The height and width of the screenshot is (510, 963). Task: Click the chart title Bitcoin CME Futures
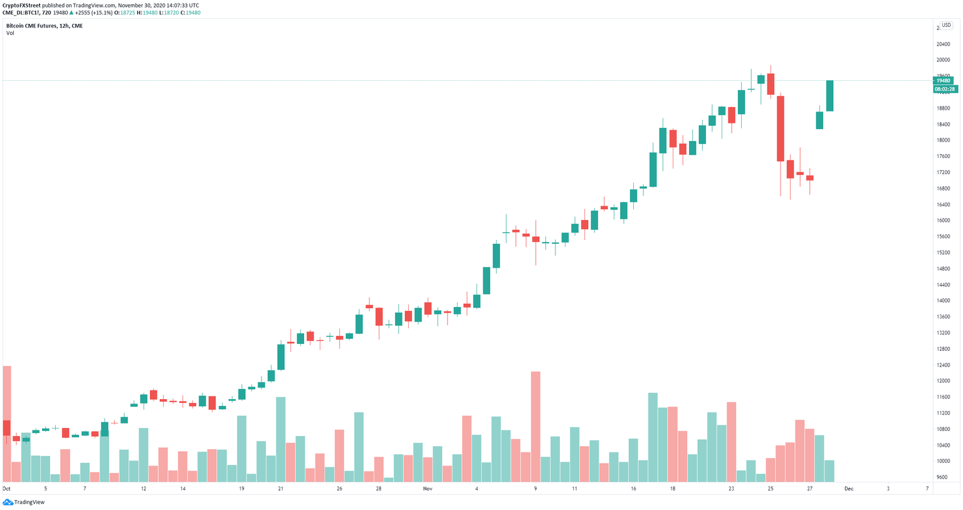coord(31,26)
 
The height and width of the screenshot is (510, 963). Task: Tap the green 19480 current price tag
coord(944,81)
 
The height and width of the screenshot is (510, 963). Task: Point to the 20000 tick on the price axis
coord(943,60)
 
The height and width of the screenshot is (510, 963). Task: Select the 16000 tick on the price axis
coord(943,221)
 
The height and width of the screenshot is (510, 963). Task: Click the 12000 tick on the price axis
coord(943,381)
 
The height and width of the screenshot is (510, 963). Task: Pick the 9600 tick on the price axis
coord(942,477)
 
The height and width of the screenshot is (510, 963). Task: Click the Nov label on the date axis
coord(427,489)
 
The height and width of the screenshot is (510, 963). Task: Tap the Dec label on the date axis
coord(848,489)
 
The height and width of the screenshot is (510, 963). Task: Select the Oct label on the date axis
coord(6,489)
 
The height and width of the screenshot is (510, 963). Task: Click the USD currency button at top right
coord(946,25)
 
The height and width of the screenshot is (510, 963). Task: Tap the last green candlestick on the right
coord(829,96)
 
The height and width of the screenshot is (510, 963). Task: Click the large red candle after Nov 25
coord(781,128)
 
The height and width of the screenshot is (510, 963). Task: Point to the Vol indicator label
coord(10,33)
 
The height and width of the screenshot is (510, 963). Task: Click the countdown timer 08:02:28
coord(944,90)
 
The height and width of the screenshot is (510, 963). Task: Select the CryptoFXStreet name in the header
coord(22,5)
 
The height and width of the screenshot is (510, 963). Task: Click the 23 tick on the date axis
coord(731,489)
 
